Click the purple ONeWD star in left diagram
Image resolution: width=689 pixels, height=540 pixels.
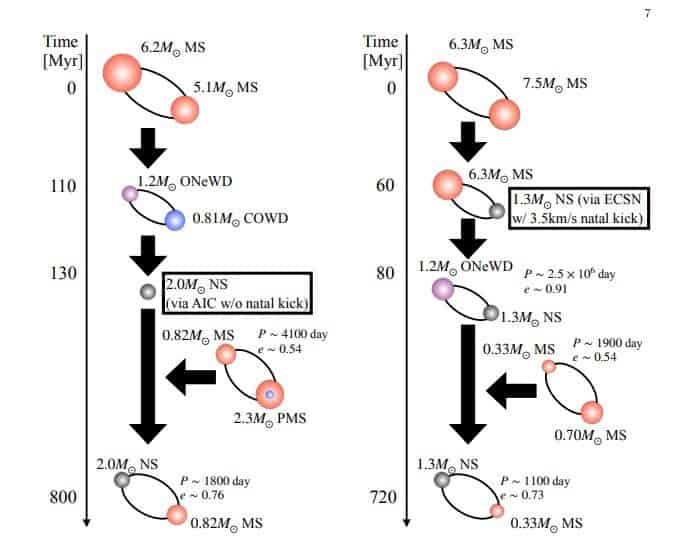pyautogui.click(x=128, y=195)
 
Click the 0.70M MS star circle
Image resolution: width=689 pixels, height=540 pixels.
pyautogui.click(x=591, y=411)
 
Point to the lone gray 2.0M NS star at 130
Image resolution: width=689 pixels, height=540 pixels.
pyautogui.click(x=148, y=291)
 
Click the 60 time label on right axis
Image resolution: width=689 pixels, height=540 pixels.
pyautogui.click(x=385, y=186)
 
